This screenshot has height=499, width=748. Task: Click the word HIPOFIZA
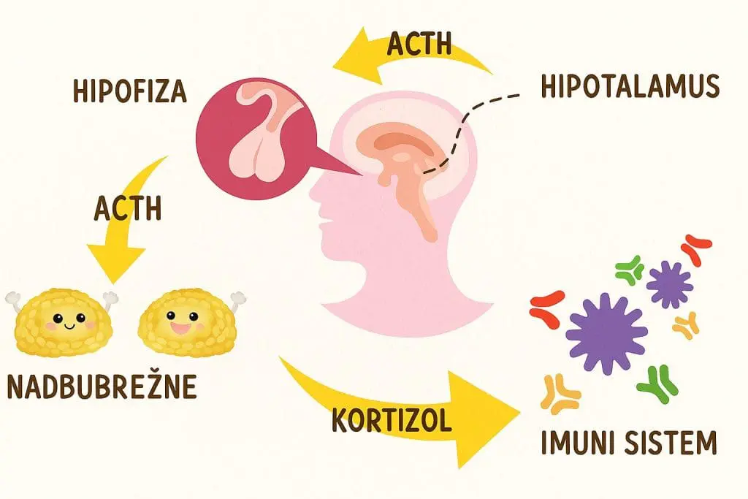129,91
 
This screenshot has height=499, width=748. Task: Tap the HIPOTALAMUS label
630,86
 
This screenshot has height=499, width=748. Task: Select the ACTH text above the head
419,43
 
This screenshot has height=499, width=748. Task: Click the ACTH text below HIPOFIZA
127,208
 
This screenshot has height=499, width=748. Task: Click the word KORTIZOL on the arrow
392,420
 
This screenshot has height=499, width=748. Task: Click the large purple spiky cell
606,333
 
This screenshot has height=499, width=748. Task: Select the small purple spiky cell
669,285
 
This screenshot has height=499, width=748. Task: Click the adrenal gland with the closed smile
62,322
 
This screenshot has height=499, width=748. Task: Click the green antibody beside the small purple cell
630,270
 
